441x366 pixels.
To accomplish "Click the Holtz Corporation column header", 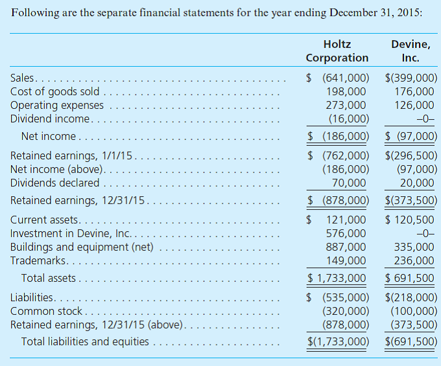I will pyautogui.click(x=337, y=51).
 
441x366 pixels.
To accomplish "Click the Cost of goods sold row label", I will pyautogui.click(x=54, y=91).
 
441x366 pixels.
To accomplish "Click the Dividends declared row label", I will pyautogui.click(x=55, y=183).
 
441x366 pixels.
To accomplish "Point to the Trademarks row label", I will pyautogui.click(x=38, y=260).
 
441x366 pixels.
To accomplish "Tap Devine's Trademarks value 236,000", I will pyautogui.click(x=414, y=260).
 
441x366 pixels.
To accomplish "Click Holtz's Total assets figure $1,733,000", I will pyautogui.click(x=337, y=279).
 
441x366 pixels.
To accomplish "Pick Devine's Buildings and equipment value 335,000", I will pyautogui.click(x=414, y=247).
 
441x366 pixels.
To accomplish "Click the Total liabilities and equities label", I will pyautogui.click(x=85, y=341).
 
